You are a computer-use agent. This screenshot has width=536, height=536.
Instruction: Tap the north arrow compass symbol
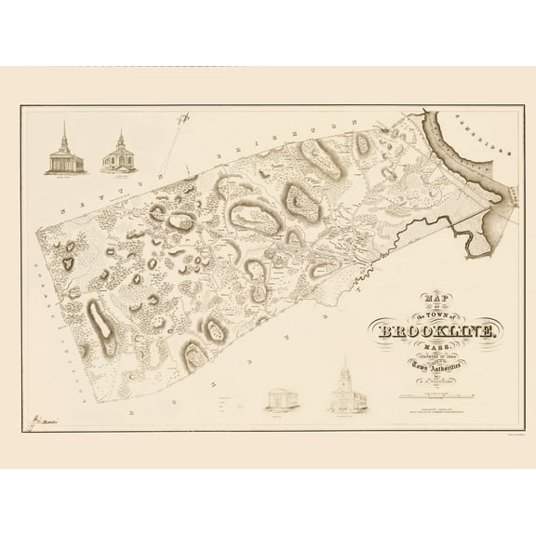(186, 118)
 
